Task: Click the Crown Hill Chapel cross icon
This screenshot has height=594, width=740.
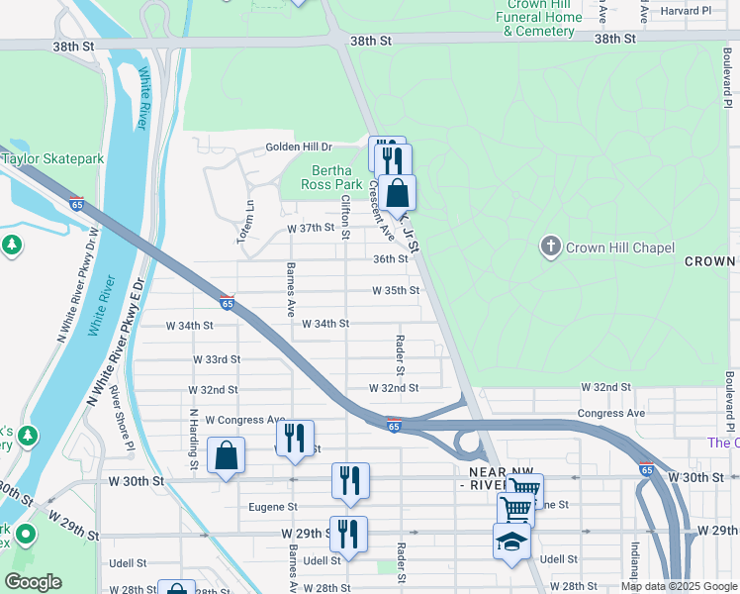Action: (x=551, y=246)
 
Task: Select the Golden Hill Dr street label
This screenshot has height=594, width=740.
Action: (x=299, y=148)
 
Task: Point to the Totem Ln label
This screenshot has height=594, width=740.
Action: (x=250, y=213)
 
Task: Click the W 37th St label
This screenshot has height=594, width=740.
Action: (x=311, y=228)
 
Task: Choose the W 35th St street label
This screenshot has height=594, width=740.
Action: (x=396, y=291)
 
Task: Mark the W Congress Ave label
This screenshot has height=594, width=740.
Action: (x=244, y=421)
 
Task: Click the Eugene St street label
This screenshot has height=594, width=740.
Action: (x=272, y=507)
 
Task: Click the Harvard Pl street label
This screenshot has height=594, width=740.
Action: (x=687, y=11)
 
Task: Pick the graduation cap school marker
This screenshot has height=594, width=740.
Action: (x=511, y=542)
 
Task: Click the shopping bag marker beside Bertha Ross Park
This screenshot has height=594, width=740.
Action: (x=397, y=192)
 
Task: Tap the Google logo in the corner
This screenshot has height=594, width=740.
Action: (x=33, y=582)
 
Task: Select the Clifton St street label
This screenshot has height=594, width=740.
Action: (x=344, y=217)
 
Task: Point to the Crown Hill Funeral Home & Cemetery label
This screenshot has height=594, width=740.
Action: (x=539, y=18)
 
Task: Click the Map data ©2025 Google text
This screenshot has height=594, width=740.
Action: (x=679, y=586)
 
